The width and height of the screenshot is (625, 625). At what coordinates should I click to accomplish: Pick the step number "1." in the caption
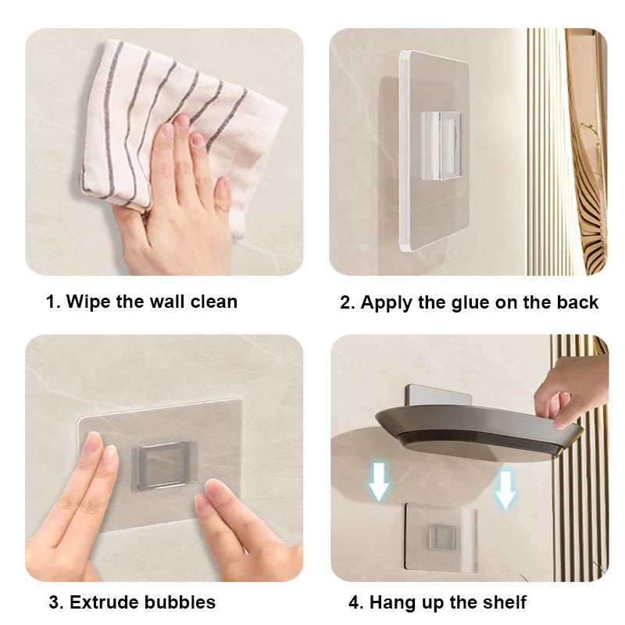(x=53, y=302)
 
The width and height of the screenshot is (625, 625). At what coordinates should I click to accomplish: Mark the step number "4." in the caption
(x=356, y=602)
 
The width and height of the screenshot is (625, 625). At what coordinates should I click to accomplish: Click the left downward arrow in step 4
(x=378, y=481)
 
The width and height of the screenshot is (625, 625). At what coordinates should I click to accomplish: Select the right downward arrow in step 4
(x=505, y=490)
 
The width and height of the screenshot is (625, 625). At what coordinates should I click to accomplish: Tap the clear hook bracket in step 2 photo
(x=441, y=145)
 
